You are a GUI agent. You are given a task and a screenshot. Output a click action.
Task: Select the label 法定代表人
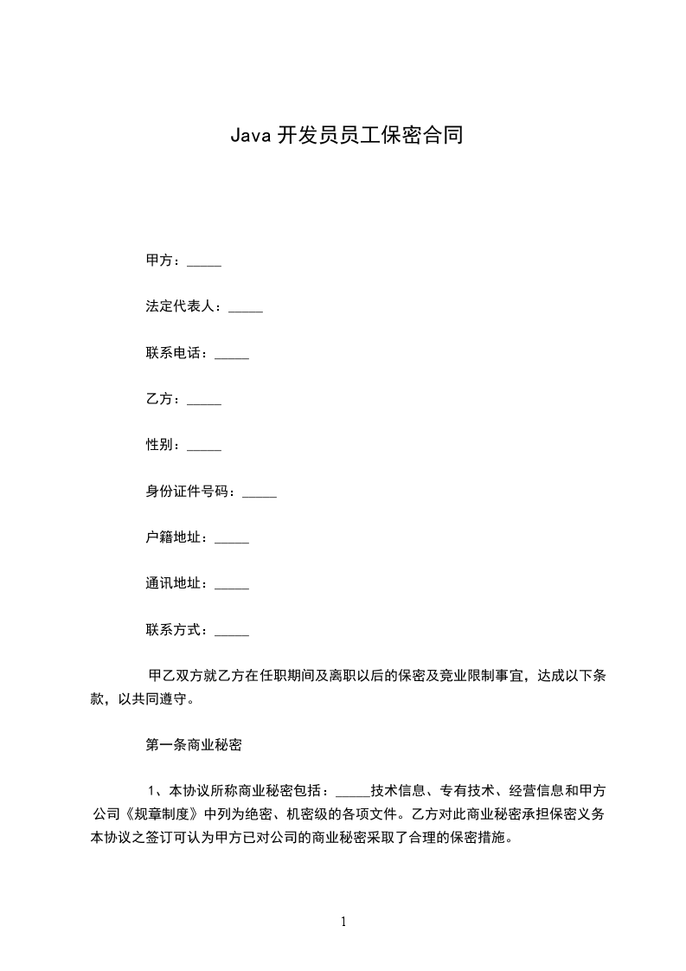coord(181,306)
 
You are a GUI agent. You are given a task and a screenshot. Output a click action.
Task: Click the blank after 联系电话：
coord(231,355)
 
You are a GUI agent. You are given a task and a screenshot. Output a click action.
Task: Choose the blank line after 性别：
coord(204,447)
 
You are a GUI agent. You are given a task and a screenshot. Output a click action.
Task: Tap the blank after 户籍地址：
coord(231,540)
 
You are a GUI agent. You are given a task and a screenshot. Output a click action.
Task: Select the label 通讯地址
coord(174,583)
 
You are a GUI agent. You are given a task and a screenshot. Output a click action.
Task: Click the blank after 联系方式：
coord(231,632)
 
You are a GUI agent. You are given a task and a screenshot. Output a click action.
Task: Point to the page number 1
coord(343,922)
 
